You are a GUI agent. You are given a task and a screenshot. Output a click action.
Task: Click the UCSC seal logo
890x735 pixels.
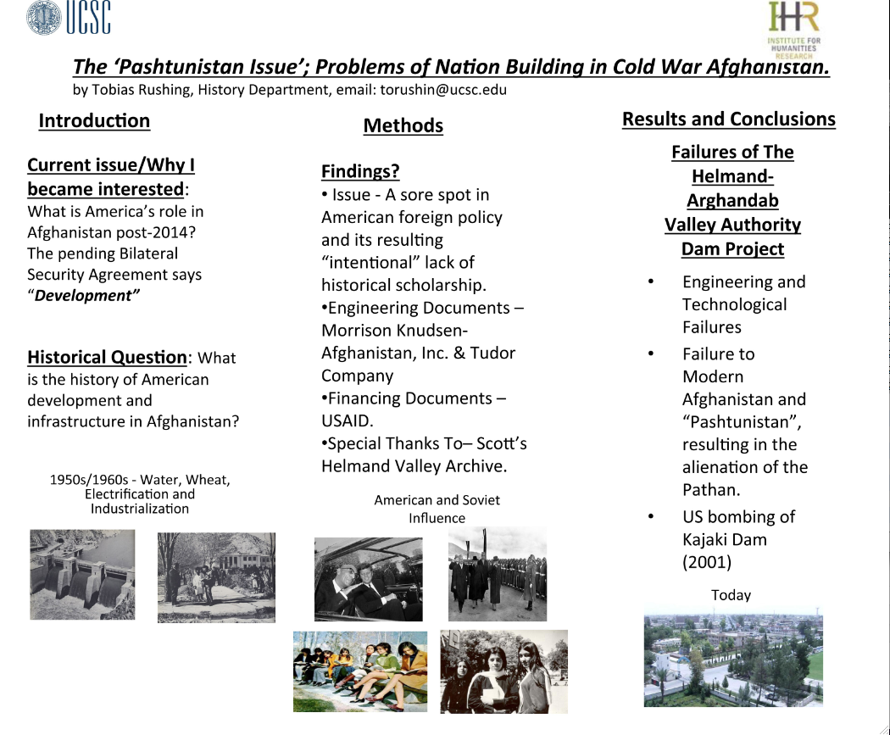pyautogui.click(x=44, y=18)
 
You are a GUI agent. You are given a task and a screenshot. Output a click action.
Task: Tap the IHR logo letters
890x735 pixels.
pyautogui.click(x=794, y=16)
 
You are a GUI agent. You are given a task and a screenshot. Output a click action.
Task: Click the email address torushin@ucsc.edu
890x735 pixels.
pyautogui.click(x=443, y=90)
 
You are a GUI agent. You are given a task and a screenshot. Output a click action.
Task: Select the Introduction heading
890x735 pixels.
pyautogui.click(x=94, y=121)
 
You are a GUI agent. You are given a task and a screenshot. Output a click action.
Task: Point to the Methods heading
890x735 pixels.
pyautogui.click(x=403, y=125)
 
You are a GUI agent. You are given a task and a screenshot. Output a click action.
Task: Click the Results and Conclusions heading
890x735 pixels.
pyautogui.click(x=729, y=120)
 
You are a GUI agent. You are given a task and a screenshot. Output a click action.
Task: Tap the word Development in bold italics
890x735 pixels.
pyautogui.click(x=86, y=296)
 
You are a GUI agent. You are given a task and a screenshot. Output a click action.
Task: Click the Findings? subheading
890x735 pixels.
pyautogui.click(x=360, y=171)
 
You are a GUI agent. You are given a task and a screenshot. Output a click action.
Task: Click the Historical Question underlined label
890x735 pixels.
pyautogui.click(x=107, y=357)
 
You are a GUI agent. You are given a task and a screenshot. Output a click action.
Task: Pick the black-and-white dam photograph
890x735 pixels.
pyautogui.click(x=82, y=575)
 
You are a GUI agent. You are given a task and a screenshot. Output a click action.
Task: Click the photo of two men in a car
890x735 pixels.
pyautogui.click(x=369, y=580)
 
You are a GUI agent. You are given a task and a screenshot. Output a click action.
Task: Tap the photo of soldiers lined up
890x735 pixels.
pyautogui.click(x=498, y=574)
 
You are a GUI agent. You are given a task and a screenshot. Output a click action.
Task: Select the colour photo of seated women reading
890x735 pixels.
pyautogui.click(x=360, y=671)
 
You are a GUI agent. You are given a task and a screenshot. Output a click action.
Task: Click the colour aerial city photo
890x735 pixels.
pyautogui.click(x=733, y=657)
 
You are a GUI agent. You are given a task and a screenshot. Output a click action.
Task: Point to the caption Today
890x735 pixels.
pyautogui.click(x=731, y=595)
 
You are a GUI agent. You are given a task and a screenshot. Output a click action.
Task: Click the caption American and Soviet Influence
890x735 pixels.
pyautogui.click(x=437, y=509)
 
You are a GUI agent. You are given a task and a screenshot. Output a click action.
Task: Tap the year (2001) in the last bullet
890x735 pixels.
pyautogui.click(x=707, y=562)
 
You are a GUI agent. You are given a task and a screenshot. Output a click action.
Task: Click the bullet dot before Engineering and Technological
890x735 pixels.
pyautogui.click(x=650, y=281)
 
